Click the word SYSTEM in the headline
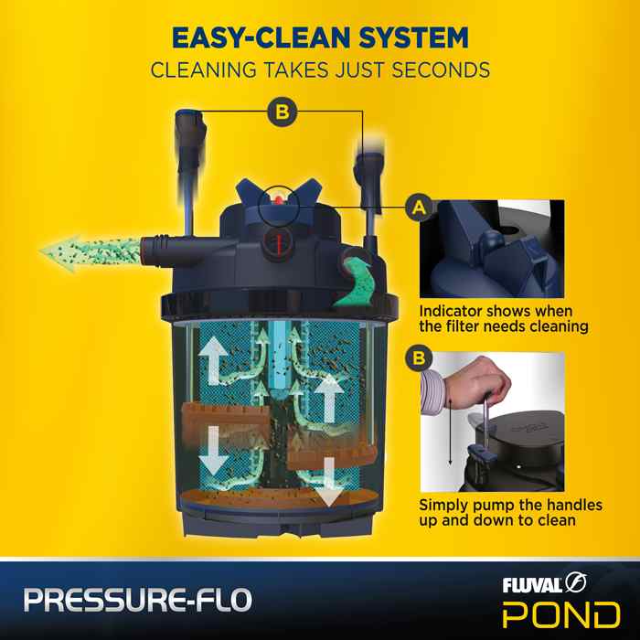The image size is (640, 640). [413, 38]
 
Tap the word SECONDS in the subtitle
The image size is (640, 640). [441, 69]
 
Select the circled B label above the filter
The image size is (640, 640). [282, 112]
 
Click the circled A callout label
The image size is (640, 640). [419, 208]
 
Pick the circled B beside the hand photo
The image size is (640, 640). [419, 358]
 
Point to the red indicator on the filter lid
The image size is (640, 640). [279, 199]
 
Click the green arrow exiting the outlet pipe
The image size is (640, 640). [91, 252]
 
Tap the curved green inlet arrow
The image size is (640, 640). [353, 283]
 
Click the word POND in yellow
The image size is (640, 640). [561, 614]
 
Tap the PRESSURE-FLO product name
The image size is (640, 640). [137, 600]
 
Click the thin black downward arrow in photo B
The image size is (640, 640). [450, 432]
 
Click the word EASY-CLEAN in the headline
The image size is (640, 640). [262, 38]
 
